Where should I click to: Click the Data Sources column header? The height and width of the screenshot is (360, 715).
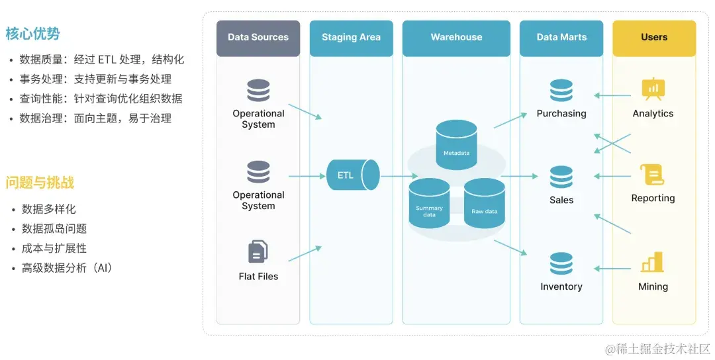[258, 38]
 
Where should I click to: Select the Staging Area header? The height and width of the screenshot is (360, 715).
[351, 38]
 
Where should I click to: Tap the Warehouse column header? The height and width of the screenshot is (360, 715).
[456, 38]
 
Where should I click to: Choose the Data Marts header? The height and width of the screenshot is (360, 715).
[561, 38]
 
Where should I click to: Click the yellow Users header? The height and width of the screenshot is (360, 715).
[654, 38]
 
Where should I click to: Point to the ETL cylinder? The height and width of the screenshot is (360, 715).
[352, 175]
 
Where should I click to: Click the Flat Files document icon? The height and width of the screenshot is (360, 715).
[258, 252]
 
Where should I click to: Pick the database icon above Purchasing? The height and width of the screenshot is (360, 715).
[561, 91]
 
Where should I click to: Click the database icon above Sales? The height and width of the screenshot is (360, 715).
[561, 177]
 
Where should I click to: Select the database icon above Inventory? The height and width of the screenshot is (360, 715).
[561, 263]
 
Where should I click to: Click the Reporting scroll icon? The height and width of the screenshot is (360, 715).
[653, 175]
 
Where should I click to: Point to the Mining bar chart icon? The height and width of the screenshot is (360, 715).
[653, 262]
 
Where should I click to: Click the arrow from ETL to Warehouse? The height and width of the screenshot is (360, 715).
[399, 176]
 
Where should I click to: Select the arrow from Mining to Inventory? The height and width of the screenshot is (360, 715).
[612, 269]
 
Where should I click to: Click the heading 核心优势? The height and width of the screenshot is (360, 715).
[33, 34]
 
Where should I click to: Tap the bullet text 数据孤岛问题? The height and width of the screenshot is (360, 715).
[54, 229]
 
